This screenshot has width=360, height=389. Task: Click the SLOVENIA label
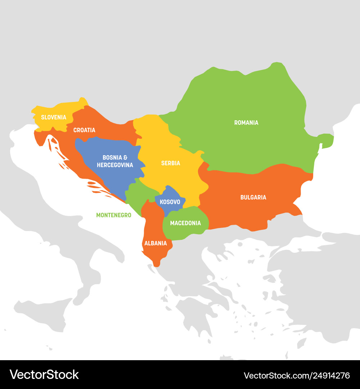[x=54, y=117]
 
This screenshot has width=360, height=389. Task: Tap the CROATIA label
[x=84, y=130]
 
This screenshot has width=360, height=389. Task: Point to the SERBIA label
[x=171, y=163]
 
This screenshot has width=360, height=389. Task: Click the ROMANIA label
[x=246, y=123]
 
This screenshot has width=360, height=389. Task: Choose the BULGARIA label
[x=253, y=197]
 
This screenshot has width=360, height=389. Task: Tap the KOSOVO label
[x=170, y=202]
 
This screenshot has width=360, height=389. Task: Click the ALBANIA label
[x=156, y=243]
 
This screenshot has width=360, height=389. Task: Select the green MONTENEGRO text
[x=113, y=215]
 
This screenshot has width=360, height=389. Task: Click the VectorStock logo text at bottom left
[x=44, y=375]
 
